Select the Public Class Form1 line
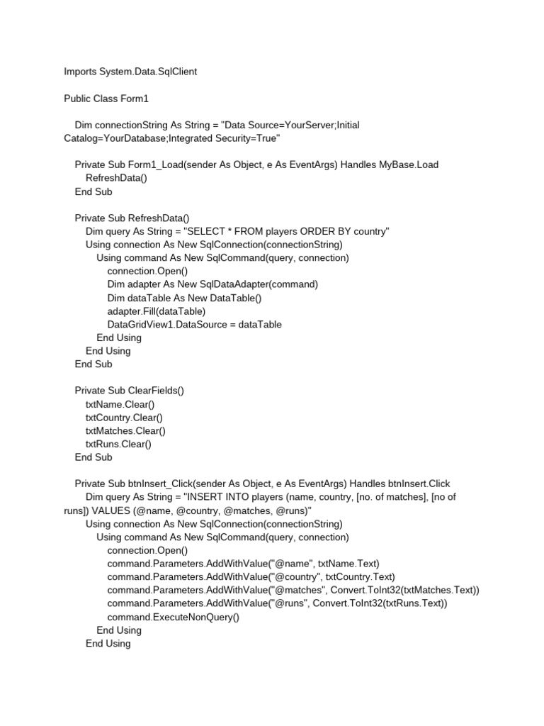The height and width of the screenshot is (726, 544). click(x=106, y=98)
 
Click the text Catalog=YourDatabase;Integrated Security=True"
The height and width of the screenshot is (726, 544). click(x=172, y=138)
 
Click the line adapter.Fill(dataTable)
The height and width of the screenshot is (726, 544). click(x=157, y=311)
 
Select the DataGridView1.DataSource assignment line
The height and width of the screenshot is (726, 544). click(x=194, y=324)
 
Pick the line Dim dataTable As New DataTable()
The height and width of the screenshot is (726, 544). click(x=184, y=298)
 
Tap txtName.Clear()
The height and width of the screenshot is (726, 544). click(x=120, y=404)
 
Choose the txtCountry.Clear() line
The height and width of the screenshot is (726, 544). click(x=124, y=418)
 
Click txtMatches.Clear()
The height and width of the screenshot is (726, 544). click(x=125, y=430)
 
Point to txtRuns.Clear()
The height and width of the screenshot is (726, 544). click(x=118, y=444)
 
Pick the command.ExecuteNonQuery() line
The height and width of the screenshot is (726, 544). click(x=174, y=617)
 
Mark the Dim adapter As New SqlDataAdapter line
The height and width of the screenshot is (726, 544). click(x=212, y=284)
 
